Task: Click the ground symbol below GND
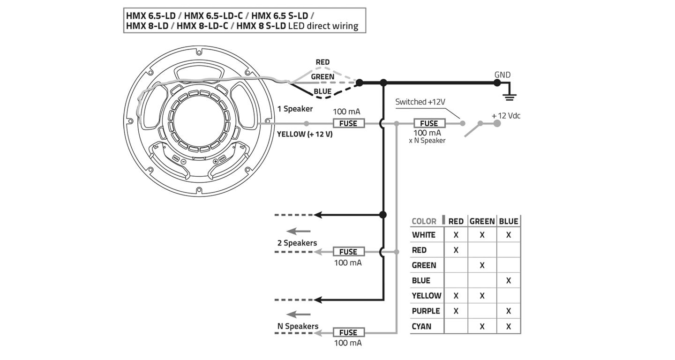coord(509,97)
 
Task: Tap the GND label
coord(502,75)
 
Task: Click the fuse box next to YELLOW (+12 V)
coord(348,123)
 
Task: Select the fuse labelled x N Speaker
coord(428,123)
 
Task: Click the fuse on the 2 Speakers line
coord(348,252)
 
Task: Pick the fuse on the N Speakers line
coord(348,332)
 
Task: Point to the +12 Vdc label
coord(506,116)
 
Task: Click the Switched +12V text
coord(420,102)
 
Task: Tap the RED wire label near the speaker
coord(322,62)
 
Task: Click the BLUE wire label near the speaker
coord(322,91)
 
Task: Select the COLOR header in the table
coord(424,221)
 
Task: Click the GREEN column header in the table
coord(482,221)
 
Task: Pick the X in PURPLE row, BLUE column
coord(509,311)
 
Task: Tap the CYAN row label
coord(421,326)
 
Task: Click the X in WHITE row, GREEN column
coord(482,235)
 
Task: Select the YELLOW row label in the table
coord(426,296)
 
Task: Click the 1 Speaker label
coord(295,109)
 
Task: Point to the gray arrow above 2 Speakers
coord(299,231)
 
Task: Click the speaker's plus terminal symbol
coord(216,161)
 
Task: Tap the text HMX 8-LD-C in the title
coord(202,26)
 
